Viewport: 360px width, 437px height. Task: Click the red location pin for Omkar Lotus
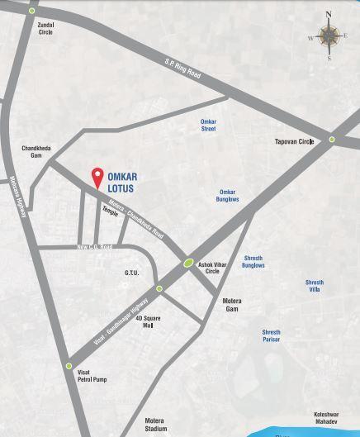click(x=97, y=178)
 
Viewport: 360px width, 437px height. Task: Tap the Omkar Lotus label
click(x=123, y=182)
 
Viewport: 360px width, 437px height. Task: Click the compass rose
click(x=329, y=36)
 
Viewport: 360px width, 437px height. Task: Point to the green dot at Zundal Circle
click(x=31, y=11)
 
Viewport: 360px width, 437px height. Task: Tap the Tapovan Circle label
click(x=294, y=141)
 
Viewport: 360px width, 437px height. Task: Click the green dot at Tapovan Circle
click(x=332, y=140)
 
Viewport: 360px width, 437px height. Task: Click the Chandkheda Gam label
click(x=36, y=151)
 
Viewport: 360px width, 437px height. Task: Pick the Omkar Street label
click(x=208, y=125)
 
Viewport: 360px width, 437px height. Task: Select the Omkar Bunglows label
click(x=227, y=195)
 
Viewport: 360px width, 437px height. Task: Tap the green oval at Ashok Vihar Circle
click(x=189, y=264)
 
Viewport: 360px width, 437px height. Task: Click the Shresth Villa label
click(x=314, y=286)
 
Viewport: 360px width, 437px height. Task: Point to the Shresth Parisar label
click(x=271, y=336)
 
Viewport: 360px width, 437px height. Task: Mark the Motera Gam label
click(x=232, y=305)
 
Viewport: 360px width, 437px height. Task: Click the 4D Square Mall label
click(x=149, y=321)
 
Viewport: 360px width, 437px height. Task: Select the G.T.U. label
click(x=132, y=272)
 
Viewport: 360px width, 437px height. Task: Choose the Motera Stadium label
click(x=155, y=424)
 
